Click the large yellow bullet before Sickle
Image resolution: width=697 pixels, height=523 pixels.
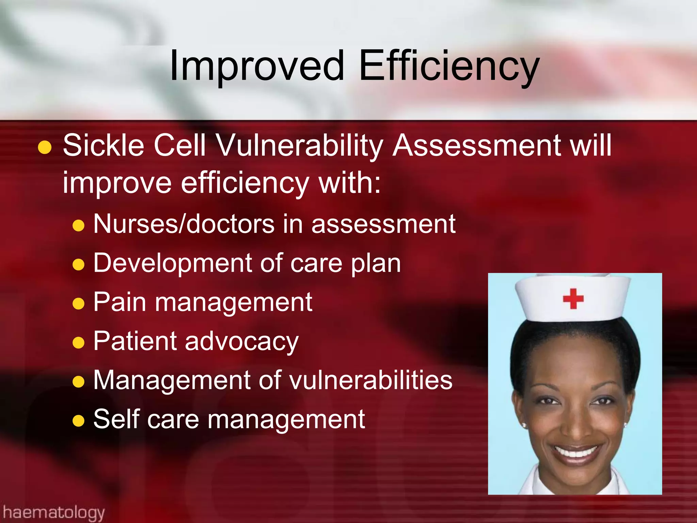click(x=45, y=148)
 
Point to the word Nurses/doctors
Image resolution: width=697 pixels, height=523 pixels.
click(x=184, y=224)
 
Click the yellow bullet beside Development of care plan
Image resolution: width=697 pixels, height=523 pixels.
click(x=79, y=264)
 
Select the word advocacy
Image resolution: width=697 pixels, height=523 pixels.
click(x=242, y=342)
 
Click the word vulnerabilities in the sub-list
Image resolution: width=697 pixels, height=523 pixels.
click(x=371, y=380)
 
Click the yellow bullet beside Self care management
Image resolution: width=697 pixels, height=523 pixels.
click(x=79, y=421)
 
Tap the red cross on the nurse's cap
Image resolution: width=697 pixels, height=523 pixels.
click(x=573, y=299)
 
